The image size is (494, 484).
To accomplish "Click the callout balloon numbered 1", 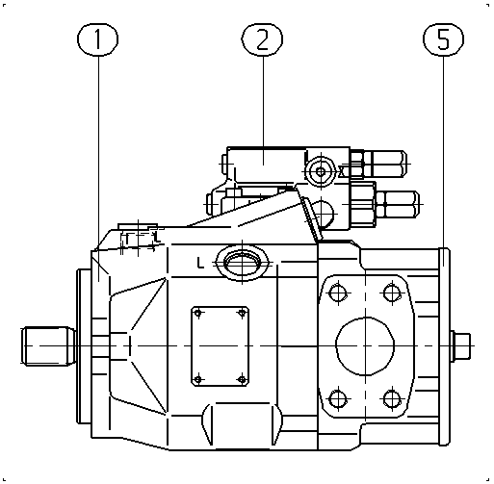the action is coord(97,39).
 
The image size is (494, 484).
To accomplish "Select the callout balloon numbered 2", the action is coord(262,39).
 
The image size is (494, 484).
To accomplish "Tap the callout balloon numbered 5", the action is coord(443,39).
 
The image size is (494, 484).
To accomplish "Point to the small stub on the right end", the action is coord(460,345).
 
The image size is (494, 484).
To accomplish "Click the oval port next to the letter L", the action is coord(243,263).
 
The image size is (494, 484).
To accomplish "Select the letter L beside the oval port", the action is coord(200,263).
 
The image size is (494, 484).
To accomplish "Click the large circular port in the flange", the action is coord(365,345).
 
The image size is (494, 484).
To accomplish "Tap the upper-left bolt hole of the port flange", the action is coord(338,293).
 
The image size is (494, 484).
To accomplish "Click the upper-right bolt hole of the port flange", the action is coord(392,293).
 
